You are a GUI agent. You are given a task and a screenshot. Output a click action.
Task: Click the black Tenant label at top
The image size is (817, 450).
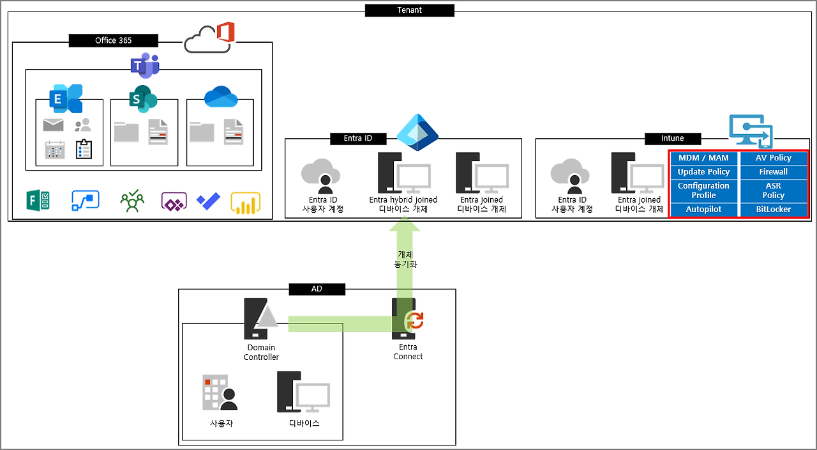click(409, 10)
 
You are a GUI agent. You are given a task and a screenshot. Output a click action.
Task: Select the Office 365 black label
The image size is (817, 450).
click(113, 40)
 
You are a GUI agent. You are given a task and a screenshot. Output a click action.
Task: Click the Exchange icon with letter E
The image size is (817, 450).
click(66, 98)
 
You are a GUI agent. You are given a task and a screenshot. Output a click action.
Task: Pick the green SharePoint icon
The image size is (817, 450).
click(142, 98)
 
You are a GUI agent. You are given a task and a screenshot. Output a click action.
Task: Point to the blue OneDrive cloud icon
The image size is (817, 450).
click(221, 97)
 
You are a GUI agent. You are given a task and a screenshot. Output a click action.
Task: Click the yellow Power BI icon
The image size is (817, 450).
click(246, 203)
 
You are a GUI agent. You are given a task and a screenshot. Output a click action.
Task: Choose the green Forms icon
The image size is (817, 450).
click(39, 201)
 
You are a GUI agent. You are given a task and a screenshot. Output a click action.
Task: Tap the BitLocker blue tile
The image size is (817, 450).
click(774, 210)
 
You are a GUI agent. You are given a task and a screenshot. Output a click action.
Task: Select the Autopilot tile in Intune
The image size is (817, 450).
click(703, 210)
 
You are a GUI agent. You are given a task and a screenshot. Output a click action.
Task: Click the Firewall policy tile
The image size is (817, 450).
click(774, 172)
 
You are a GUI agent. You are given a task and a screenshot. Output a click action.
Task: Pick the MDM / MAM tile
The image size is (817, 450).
click(703, 158)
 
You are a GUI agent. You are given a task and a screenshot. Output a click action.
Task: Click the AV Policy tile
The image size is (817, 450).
click(774, 158)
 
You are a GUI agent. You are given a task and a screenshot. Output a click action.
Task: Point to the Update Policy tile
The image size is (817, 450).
click(703, 172)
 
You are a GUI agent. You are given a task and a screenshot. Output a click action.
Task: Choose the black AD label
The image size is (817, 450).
click(317, 289)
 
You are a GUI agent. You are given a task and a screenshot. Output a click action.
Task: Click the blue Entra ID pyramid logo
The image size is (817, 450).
click(417, 132)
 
